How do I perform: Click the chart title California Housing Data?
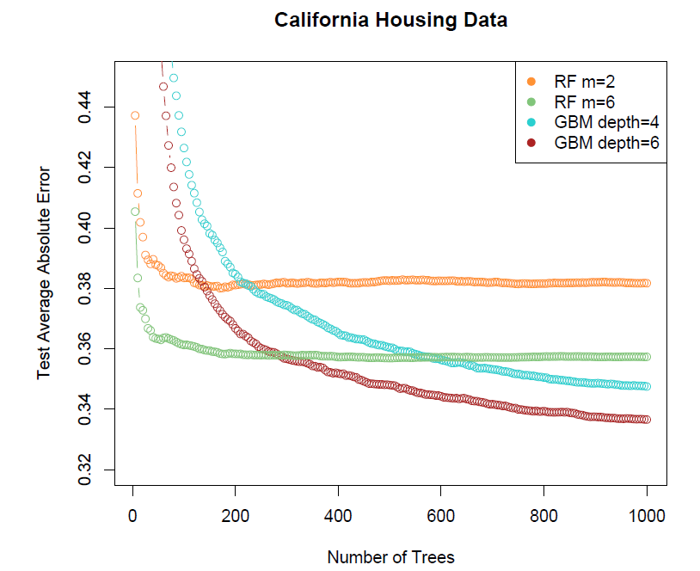click(x=390, y=20)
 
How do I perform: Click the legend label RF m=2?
click(x=585, y=82)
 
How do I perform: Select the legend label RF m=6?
click(x=585, y=102)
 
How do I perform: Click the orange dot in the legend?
click(x=531, y=82)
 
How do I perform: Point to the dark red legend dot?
click(x=531, y=143)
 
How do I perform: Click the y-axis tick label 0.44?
click(x=86, y=107)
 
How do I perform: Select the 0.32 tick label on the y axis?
click(x=86, y=470)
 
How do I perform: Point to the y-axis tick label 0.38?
click(x=86, y=288)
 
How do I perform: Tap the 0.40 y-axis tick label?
click(x=86, y=228)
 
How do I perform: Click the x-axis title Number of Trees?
click(x=390, y=557)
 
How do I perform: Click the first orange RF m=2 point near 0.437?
click(x=135, y=115)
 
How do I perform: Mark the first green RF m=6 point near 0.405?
click(x=135, y=212)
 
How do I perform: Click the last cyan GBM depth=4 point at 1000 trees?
click(x=647, y=386)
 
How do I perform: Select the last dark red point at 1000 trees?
click(x=647, y=420)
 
